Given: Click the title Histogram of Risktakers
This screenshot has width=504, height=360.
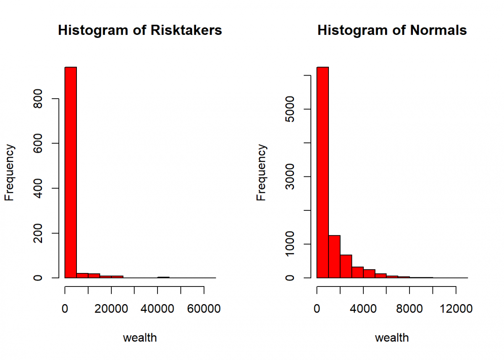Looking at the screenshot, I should click(140, 31).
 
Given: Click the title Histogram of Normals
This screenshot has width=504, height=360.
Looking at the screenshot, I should click(392, 31).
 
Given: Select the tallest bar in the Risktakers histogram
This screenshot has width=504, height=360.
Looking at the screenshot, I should click(71, 172).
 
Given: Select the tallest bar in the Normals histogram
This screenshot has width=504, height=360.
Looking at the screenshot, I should click(323, 172).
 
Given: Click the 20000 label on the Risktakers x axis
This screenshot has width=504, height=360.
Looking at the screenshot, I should click(111, 309).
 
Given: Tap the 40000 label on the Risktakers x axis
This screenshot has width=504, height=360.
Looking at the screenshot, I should click(157, 309).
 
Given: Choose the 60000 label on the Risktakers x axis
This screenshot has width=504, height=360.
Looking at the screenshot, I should click(204, 309).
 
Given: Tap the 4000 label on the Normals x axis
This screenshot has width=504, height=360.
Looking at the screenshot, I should click(363, 309).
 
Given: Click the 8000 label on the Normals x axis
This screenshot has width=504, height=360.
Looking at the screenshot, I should click(409, 309).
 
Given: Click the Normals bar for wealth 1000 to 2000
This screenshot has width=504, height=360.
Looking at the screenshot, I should click(334, 256).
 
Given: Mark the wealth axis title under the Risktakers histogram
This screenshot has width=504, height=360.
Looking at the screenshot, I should click(140, 337).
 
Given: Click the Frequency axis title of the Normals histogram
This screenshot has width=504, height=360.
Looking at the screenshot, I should click(261, 172).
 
